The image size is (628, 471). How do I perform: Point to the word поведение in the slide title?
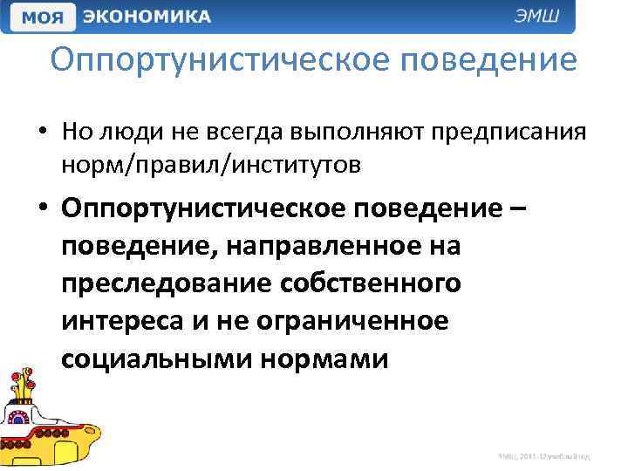pyautogui.click(x=484, y=60)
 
